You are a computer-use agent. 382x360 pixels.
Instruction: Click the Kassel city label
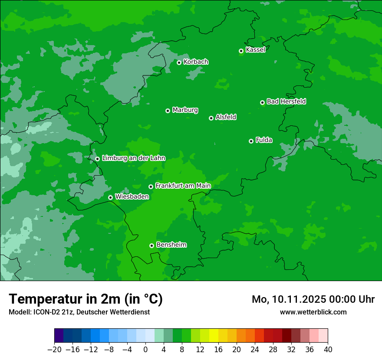pos(255,50)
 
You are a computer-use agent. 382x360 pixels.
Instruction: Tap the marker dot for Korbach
pos(179,62)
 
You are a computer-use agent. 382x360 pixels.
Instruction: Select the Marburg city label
pos(185,110)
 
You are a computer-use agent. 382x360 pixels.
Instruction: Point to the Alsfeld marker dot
pos(211,118)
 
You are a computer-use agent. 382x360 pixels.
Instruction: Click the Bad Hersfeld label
pos(286,101)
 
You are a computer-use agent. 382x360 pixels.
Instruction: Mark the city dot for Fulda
pos(251,141)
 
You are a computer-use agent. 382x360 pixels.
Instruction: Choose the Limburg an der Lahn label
pos(133,158)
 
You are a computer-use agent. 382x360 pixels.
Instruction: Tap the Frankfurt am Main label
pos(183,186)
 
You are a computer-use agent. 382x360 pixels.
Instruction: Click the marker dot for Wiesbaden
pos(110,197)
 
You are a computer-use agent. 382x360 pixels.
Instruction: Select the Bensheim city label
pos(171,245)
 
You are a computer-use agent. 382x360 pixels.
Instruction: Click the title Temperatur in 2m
pos(86,299)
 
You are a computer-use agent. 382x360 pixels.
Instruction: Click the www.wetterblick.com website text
pos(313,312)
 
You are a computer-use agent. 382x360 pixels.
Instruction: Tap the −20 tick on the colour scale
pos(54,350)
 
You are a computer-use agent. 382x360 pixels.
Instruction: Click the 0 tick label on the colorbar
pos(145,350)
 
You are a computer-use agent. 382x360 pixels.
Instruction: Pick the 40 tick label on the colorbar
pos(328,350)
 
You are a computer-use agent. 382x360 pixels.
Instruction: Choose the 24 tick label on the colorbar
pos(255,350)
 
